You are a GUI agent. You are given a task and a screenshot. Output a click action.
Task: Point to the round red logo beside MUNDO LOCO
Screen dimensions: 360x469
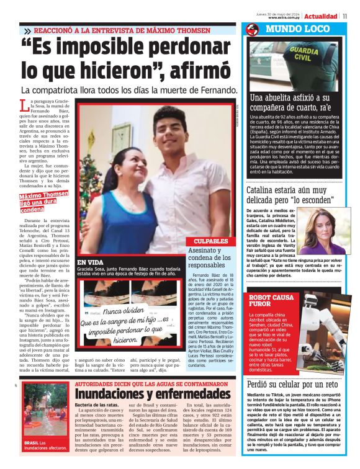[252, 29]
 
